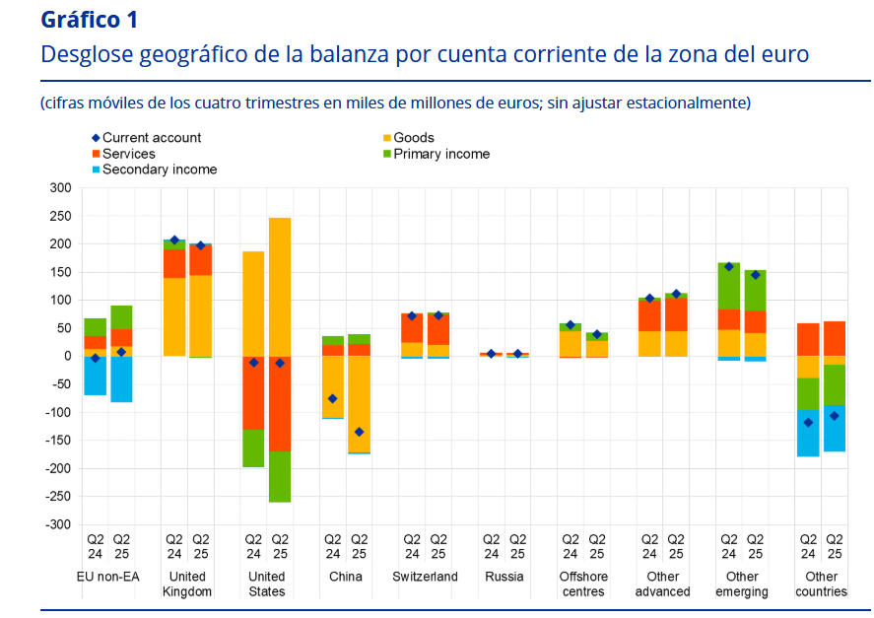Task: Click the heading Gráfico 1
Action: (90, 20)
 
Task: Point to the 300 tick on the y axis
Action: (60, 187)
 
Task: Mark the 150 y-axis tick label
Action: (60, 272)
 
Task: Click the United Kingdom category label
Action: (187, 584)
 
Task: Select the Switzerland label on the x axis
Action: (425, 577)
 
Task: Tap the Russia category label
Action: (504, 577)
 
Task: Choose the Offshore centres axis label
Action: (583, 584)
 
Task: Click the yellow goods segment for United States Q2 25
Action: (280, 286)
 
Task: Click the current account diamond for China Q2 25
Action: (360, 432)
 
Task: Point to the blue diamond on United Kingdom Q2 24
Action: (174, 240)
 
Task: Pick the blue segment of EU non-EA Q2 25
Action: (121, 378)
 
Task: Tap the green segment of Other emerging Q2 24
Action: (729, 286)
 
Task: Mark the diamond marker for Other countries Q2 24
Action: (808, 422)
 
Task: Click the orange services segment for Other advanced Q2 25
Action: (676, 313)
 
